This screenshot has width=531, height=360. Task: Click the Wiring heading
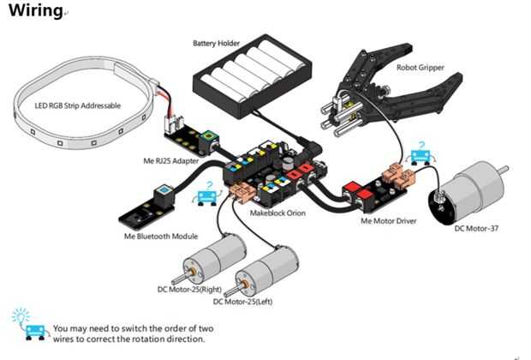click(x=36, y=10)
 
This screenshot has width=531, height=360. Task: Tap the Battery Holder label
click(x=216, y=43)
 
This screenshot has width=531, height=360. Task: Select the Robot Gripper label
click(x=420, y=68)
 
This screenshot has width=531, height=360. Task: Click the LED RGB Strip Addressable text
click(x=78, y=105)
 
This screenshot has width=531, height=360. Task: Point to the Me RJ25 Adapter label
click(x=170, y=160)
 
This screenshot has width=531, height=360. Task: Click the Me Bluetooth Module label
click(x=161, y=236)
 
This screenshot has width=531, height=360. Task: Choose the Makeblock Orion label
click(x=277, y=213)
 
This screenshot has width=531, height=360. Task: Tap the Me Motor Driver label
click(x=389, y=221)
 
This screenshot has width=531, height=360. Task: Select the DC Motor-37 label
click(x=476, y=228)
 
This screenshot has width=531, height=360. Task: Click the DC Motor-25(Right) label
click(x=189, y=289)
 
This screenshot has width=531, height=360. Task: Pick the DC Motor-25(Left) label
click(x=242, y=302)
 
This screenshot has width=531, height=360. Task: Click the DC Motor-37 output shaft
click(x=504, y=170)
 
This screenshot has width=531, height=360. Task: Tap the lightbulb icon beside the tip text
click(x=21, y=316)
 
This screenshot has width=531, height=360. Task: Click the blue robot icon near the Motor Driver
click(x=421, y=154)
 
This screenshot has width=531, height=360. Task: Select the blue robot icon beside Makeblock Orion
click(x=207, y=194)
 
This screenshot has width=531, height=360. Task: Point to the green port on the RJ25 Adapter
click(x=206, y=137)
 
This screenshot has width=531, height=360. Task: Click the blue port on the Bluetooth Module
click(x=164, y=189)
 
